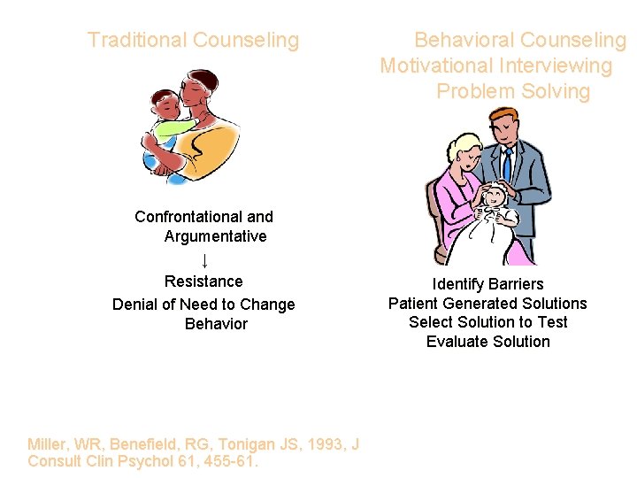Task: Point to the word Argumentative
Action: coord(215,236)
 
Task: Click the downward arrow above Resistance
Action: coord(204,260)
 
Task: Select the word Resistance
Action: coord(203,281)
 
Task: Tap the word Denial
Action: coord(134,305)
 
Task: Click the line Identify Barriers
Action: coord(487,284)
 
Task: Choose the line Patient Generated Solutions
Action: coord(487,304)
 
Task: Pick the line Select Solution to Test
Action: coord(487,322)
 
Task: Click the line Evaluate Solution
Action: coord(487,342)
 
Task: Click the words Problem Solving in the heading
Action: coord(512,92)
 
